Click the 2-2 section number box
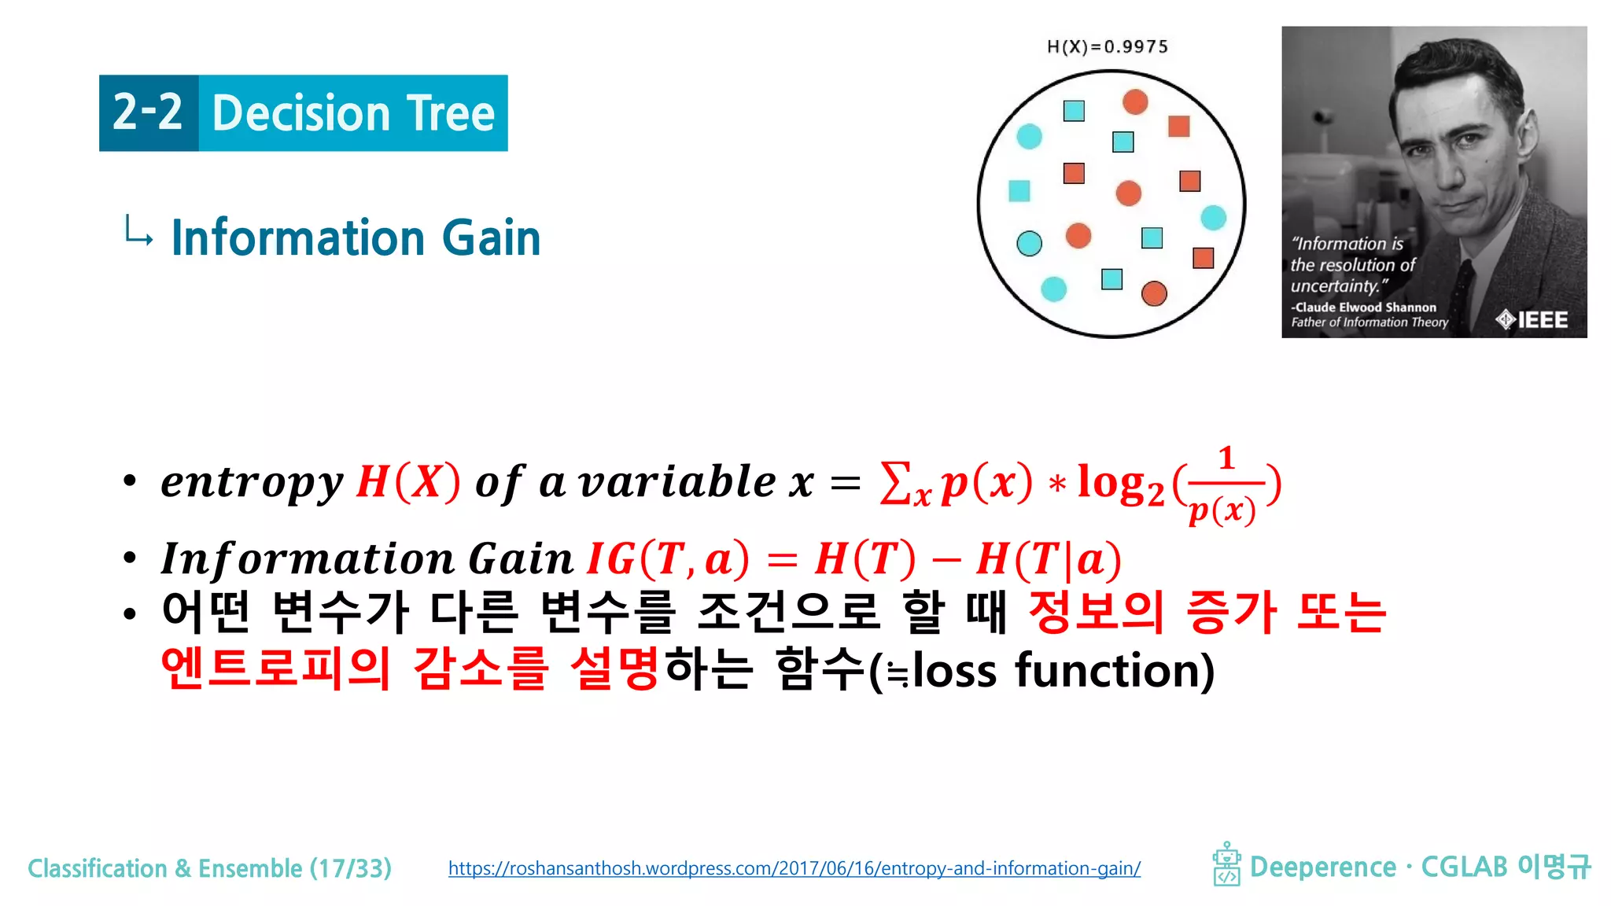[x=149, y=113]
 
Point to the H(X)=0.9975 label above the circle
[x=1108, y=47]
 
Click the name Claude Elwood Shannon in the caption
[x=1365, y=308]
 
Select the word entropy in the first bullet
[x=252, y=482]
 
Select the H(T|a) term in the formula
[x=1048, y=559]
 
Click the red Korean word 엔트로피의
[x=275, y=669]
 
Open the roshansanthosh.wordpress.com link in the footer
[x=794, y=868]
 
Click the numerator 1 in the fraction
[x=1226, y=459]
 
